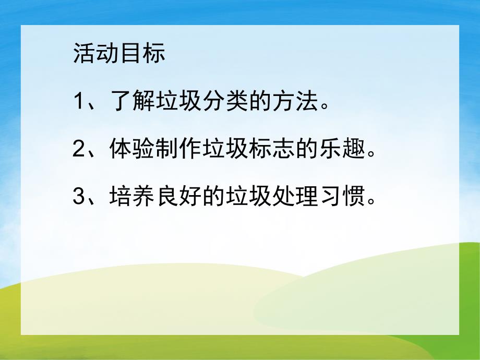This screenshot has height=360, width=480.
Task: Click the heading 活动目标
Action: point(119,54)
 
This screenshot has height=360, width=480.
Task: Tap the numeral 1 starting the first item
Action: point(79,101)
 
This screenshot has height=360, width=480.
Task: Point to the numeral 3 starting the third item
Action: point(79,197)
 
